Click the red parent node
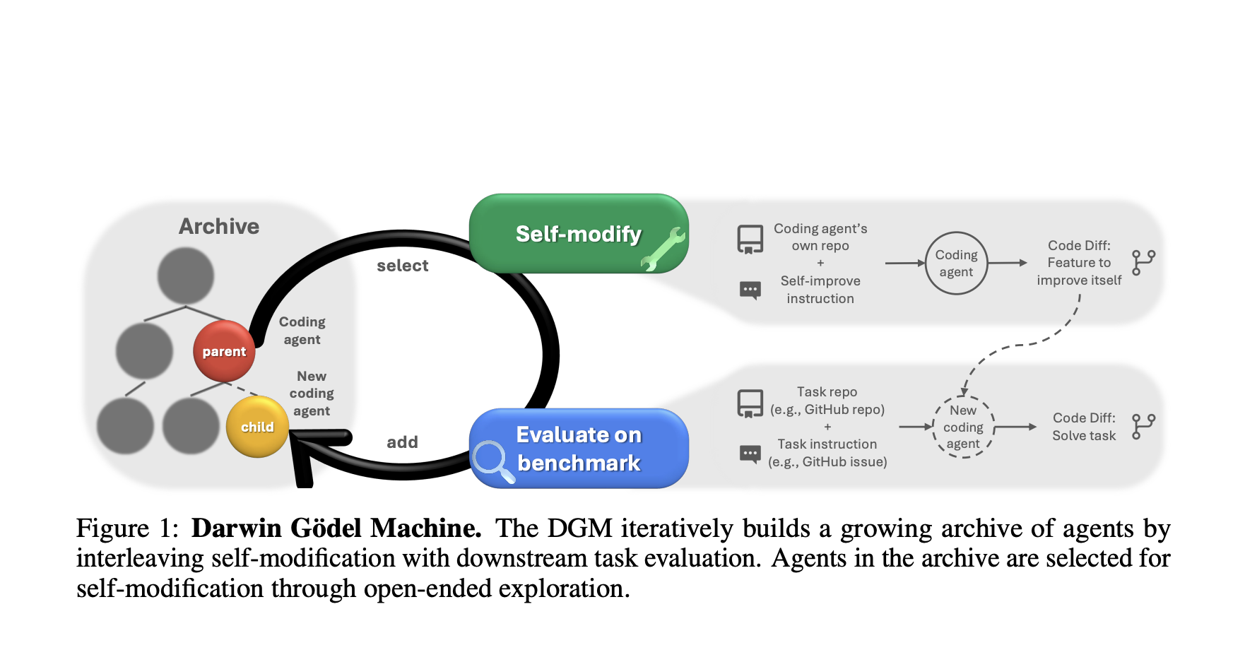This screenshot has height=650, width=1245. (x=224, y=351)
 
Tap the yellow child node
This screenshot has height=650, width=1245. (x=257, y=427)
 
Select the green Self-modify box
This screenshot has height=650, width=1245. (x=578, y=234)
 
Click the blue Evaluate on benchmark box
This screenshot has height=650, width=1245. (x=578, y=449)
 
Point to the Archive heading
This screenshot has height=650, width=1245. (x=219, y=226)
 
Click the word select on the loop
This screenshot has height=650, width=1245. (x=402, y=266)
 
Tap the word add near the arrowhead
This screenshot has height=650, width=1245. (x=402, y=442)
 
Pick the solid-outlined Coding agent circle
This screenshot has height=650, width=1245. (x=956, y=264)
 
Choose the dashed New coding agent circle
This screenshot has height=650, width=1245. (x=963, y=427)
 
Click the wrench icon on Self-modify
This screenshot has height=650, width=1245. (x=663, y=249)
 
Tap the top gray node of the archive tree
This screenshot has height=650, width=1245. (x=186, y=276)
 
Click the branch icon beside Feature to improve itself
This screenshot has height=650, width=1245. (x=1143, y=263)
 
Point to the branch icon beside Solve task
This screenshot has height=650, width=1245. (x=1143, y=427)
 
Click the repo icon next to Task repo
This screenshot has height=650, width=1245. (x=750, y=403)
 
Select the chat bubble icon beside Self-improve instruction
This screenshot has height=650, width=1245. (x=750, y=290)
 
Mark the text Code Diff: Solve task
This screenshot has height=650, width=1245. (x=1084, y=427)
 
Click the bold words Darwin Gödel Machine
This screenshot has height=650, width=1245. (x=336, y=528)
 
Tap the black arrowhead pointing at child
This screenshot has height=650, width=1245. (x=311, y=452)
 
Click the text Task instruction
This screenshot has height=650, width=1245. (x=827, y=444)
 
